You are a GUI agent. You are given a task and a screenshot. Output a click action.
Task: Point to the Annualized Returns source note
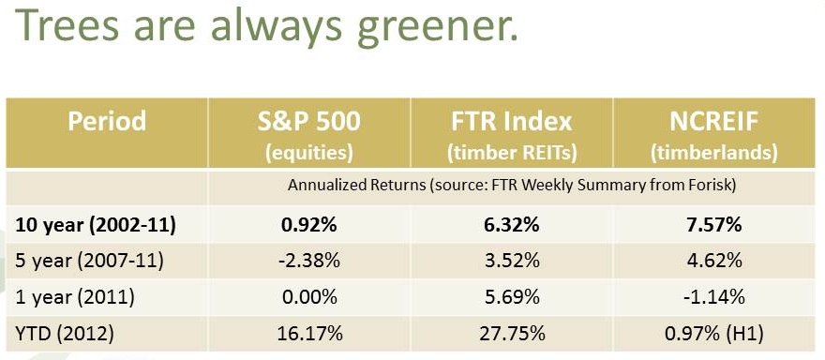[x=512, y=185]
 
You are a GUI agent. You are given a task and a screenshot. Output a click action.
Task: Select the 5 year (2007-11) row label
[x=84, y=262]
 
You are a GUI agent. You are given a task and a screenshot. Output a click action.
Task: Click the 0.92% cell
[x=307, y=226]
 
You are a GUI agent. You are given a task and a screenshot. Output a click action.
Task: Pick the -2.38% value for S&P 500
[x=307, y=262]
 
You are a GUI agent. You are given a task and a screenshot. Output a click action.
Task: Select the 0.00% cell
[x=307, y=297]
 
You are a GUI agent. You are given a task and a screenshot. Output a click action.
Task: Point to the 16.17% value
[x=307, y=333]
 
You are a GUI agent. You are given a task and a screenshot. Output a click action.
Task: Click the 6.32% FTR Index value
[x=511, y=226]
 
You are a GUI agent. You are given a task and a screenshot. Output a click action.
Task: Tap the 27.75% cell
[x=511, y=333]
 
